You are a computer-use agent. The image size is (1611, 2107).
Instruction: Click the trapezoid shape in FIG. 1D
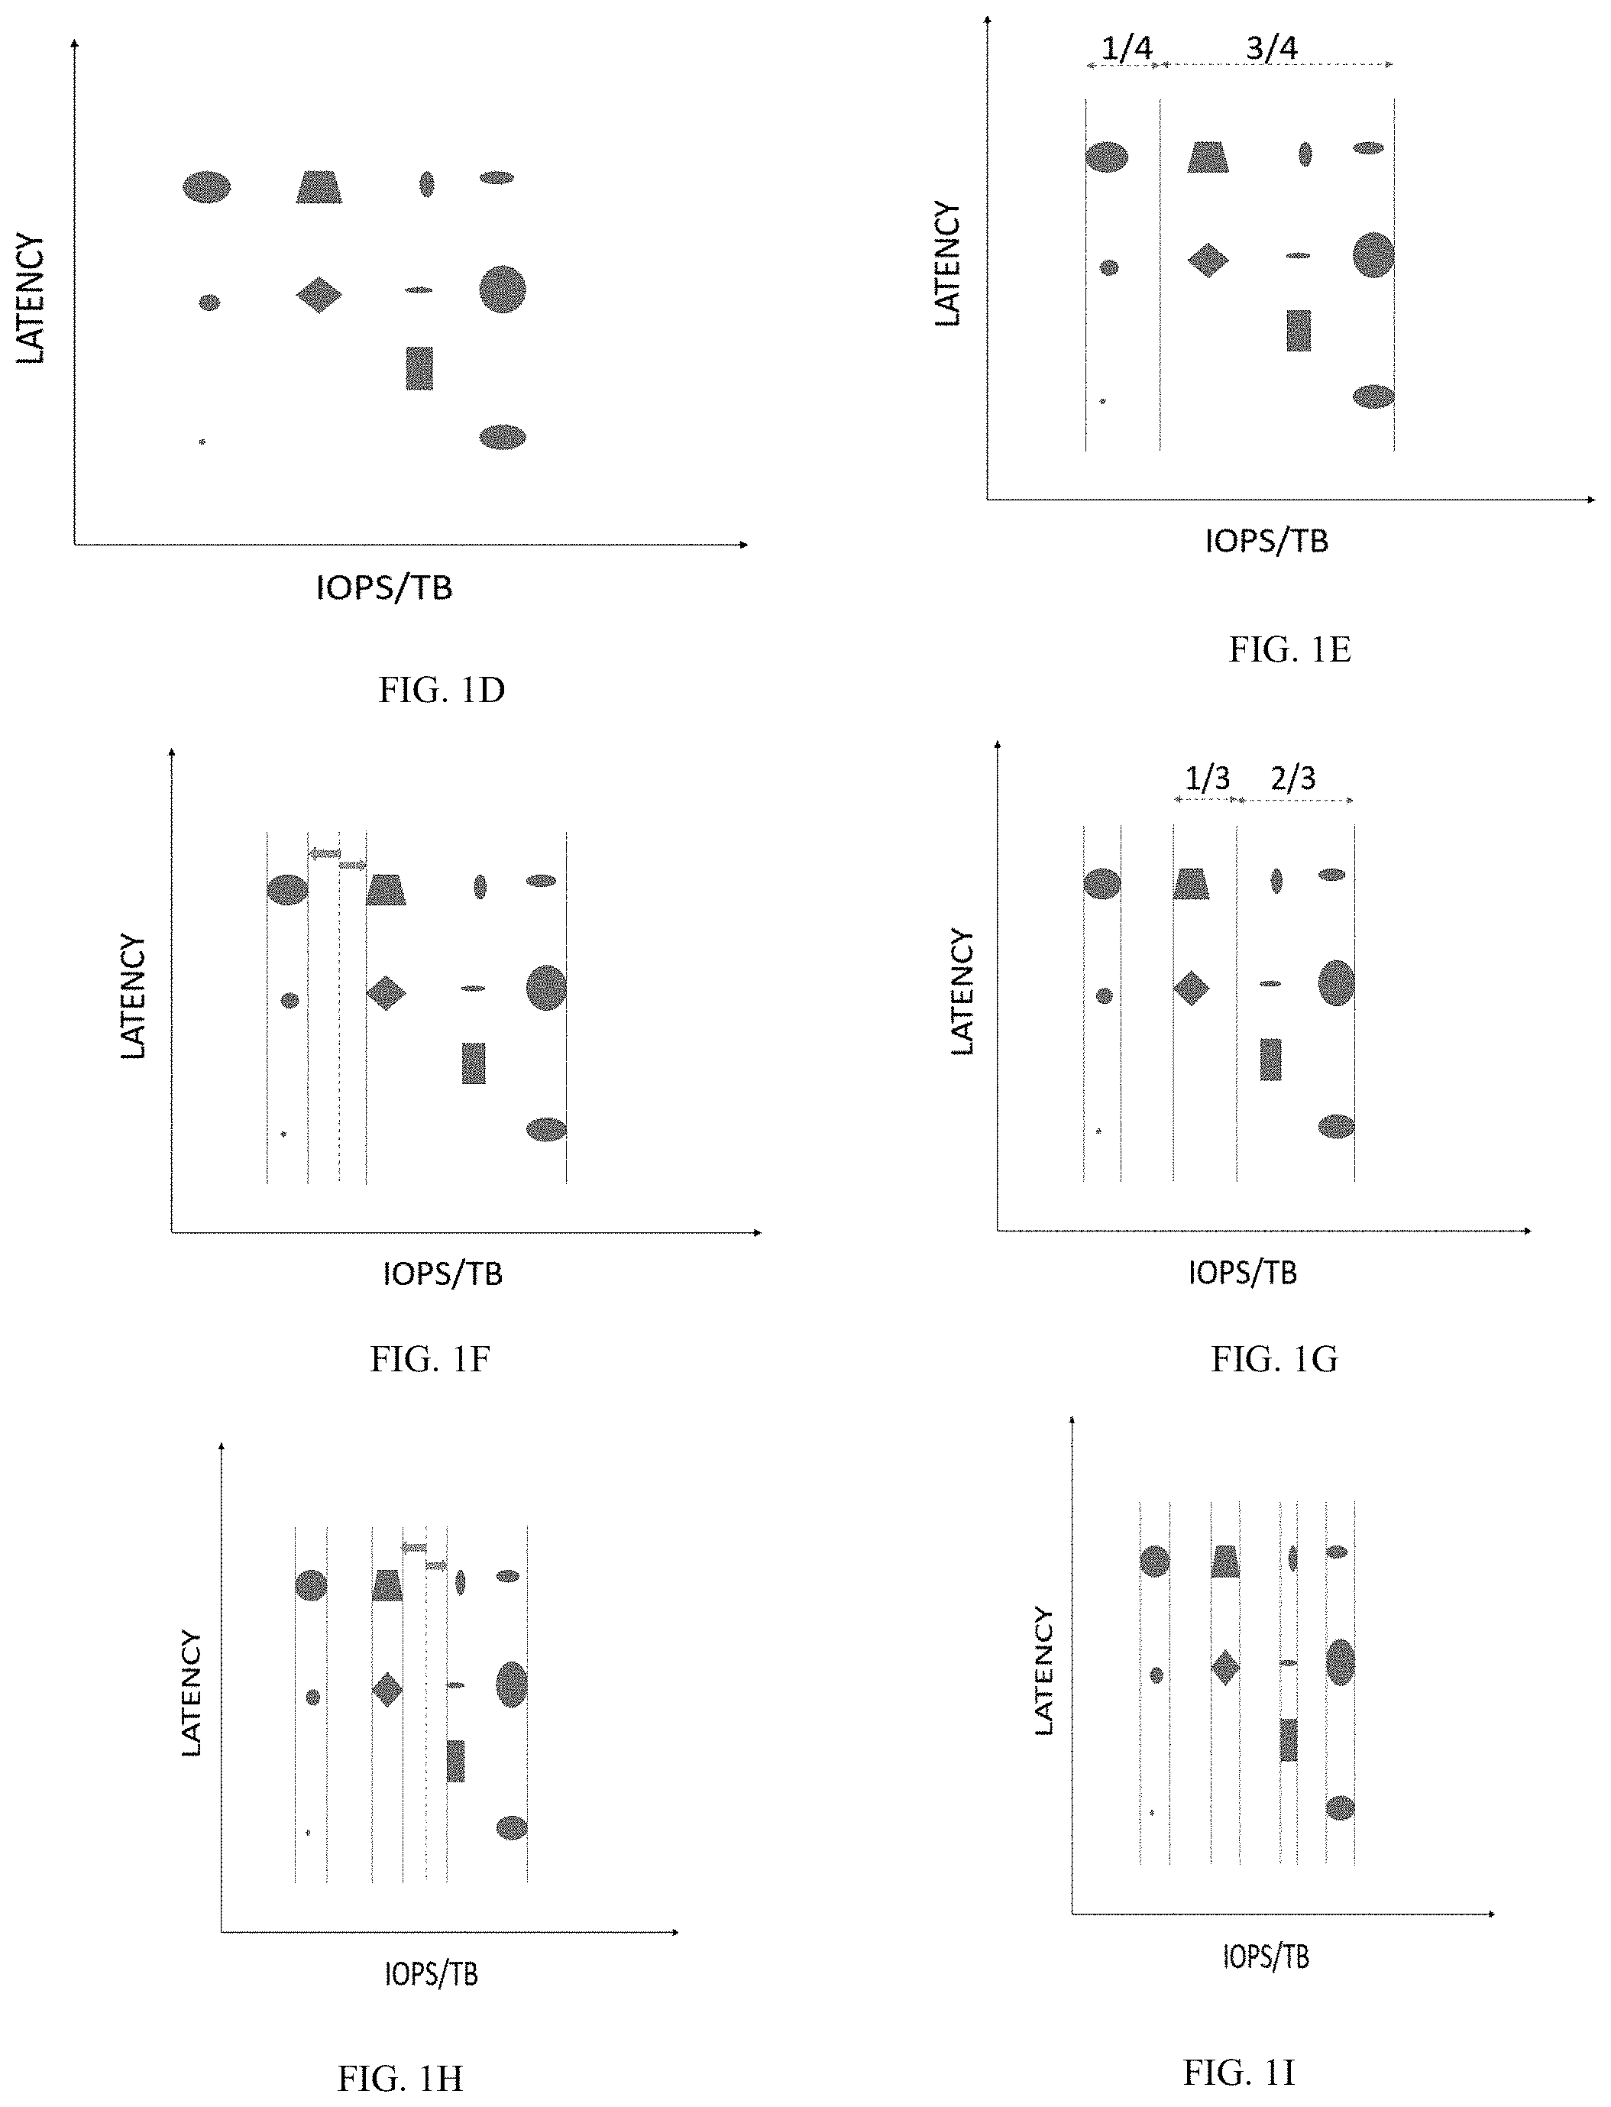click(x=319, y=187)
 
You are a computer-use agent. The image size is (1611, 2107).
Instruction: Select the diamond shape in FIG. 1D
click(x=319, y=294)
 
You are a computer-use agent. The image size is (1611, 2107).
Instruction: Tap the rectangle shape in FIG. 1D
click(x=419, y=368)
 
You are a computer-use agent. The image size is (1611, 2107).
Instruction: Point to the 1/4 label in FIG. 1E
click(x=1127, y=47)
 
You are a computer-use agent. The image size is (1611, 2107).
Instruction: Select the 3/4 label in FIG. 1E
click(x=1272, y=47)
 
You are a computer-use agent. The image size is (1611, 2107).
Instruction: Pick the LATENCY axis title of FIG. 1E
click(x=947, y=264)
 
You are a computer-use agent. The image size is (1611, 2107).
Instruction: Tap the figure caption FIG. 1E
click(x=1289, y=649)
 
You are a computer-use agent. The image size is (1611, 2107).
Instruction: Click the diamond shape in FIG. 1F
click(x=386, y=992)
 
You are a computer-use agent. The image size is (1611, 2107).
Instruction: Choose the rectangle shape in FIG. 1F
click(x=474, y=1063)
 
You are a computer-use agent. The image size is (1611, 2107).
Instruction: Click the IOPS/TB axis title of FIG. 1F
click(x=443, y=1274)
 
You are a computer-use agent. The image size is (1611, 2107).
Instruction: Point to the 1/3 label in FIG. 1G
click(x=1207, y=778)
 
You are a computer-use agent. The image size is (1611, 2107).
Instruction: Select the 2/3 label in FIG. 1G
click(x=1292, y=778)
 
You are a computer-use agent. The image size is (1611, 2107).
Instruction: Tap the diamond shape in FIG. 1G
click(x=1191, y=988)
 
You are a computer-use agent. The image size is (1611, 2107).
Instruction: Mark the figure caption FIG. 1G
click(x=1274, y=1359)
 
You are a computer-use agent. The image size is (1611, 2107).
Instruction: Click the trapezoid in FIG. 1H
click(x=387, y=1585)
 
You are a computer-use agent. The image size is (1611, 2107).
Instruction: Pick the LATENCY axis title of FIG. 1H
click(x=192, y=1694)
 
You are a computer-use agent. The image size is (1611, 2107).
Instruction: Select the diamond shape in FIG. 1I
click(x=1225, y=1667)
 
